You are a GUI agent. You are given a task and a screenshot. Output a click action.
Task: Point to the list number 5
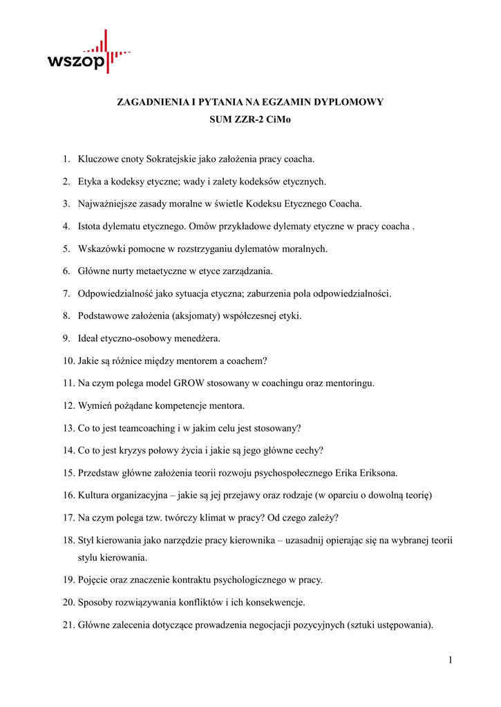point(66,249)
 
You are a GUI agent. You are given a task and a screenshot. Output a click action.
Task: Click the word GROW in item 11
point(187,383)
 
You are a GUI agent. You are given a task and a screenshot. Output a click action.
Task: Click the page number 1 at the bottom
point(450,660)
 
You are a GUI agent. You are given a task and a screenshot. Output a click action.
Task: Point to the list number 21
point(68,626)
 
